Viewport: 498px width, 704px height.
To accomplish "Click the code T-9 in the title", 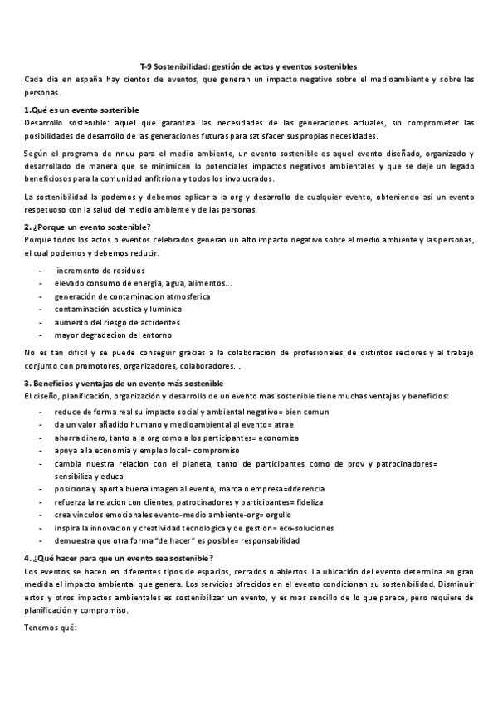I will tap(146, 67).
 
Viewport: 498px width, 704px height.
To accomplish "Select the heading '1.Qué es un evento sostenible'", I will tap(81, 110).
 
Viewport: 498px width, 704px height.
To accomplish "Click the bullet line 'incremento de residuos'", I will tap(100, 271).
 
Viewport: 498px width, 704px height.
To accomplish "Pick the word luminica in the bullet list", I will tap(162, 310).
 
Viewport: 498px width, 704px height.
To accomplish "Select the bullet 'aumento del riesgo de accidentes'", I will tap(117, 322).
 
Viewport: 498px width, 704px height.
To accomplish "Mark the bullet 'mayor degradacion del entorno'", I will tap(113, 335).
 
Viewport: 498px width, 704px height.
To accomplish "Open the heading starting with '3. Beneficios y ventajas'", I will tap(124, 383).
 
